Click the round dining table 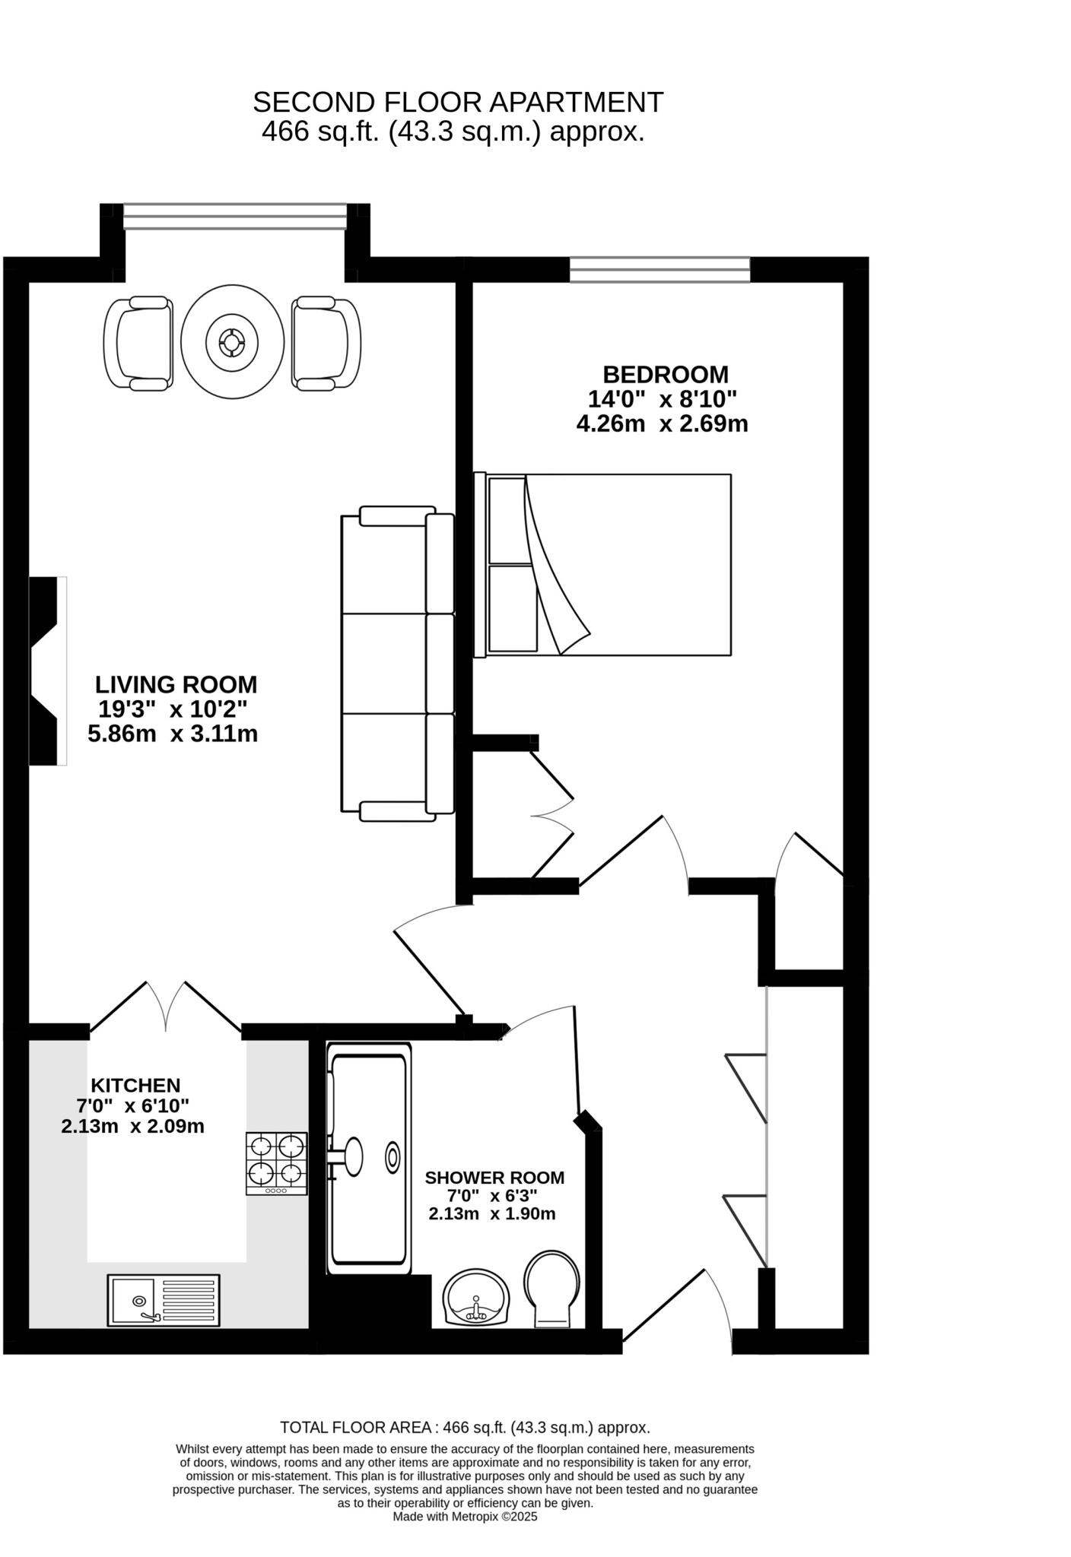[232, 341]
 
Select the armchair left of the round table [138, 344]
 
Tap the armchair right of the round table [326, 344]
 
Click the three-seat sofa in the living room [396, 664]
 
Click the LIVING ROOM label [176, 685]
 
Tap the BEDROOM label [666, 375]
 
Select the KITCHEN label [135, 1086]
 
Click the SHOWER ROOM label [494, 1178]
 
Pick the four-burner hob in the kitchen [276, 1163]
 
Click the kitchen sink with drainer [164, 1301]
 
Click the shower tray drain [392, 1158]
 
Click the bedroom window [659, 270]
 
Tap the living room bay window [234, 216]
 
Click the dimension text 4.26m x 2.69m [662, 423]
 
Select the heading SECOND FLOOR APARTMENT [458, 102]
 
